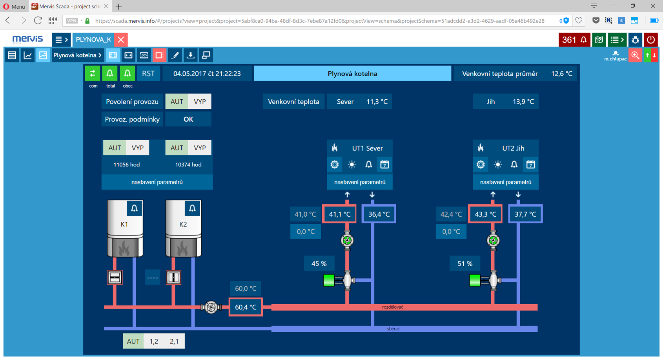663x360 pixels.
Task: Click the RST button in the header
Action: tap(148, 73)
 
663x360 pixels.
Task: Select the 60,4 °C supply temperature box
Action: tap(246, 307)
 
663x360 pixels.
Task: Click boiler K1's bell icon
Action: tap(134, 208)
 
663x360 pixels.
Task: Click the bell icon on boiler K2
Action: tap(192, 208)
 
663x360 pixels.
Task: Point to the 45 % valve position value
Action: tap(319, 263)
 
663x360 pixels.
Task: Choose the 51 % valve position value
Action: tap(465, 263)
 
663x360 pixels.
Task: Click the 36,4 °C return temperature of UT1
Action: tap(379, 214)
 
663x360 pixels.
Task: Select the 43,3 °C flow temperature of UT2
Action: tap(485, 214)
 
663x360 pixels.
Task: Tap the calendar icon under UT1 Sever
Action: tap(384, 164)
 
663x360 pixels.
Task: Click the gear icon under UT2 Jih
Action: tap(481, 164)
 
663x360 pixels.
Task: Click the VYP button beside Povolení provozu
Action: tap(200, 102)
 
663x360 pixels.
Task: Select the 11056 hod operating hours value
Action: tap(126, 164)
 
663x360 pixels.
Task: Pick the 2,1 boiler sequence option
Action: tap(174, 341)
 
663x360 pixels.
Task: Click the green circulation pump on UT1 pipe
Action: tap(347, 240)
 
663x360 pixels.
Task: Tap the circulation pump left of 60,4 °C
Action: tap(211, 307)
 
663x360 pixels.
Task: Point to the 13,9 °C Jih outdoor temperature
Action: tap(523, 102)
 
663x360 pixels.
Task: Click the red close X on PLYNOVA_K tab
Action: tap(121, 40)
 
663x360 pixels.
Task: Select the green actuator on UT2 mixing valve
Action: tap(475, 280)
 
